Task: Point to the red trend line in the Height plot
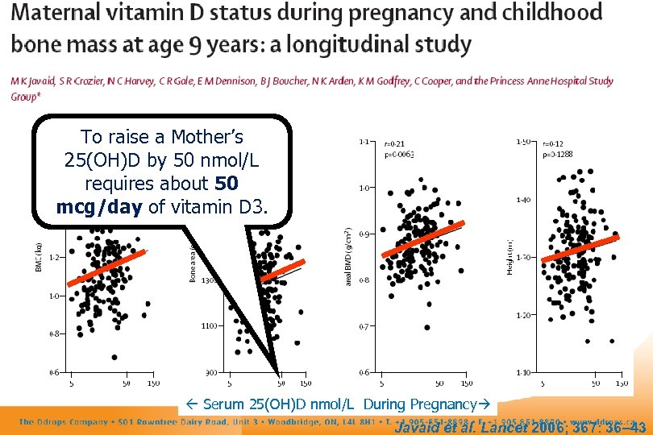tap(579, 249)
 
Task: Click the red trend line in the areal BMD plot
tap(423, 238)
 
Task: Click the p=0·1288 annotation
tap(557, 153)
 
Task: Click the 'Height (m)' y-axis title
tap(510, 257)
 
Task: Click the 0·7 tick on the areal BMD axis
tap(364, 326)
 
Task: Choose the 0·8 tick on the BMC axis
tap(53, 333)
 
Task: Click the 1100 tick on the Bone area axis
tap(209, 325)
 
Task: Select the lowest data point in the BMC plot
tap(114, 357)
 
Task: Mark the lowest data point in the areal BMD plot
tap(426, 327)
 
